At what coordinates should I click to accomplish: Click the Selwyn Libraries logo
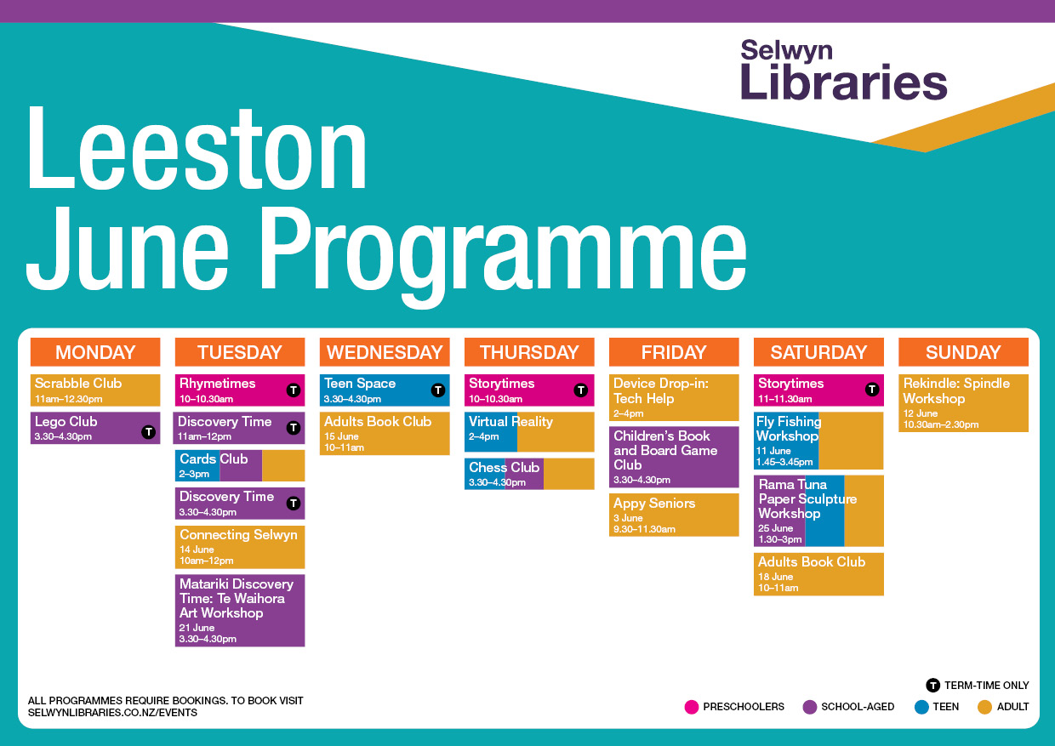(843, 70)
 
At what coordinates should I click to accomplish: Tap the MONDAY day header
(95, 352)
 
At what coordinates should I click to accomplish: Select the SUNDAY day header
(963, 352)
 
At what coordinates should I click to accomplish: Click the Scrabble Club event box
(95, 390)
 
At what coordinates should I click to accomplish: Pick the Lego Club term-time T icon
(148, 431)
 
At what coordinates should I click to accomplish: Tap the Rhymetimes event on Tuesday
(240, 390)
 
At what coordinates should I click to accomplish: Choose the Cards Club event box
(240, 465)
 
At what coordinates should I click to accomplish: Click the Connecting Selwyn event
(240, 547)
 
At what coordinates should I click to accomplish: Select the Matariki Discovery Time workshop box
(240, 611)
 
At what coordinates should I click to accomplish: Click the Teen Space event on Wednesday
(385, 390)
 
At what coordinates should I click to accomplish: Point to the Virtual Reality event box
(529, 432)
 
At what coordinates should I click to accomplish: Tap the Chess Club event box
(529, 474)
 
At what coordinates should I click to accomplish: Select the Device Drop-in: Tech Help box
(674, 397)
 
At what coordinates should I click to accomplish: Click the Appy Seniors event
(674, 515)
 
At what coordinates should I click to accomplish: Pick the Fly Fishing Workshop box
(818, 441)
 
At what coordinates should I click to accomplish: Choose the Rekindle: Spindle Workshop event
(963, 403)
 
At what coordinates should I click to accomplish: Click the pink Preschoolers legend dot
(692, 707)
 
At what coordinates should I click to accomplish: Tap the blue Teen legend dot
(921, 707)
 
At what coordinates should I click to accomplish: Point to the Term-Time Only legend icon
(933, 686)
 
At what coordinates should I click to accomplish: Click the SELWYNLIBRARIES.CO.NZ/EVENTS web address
(112, 713)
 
